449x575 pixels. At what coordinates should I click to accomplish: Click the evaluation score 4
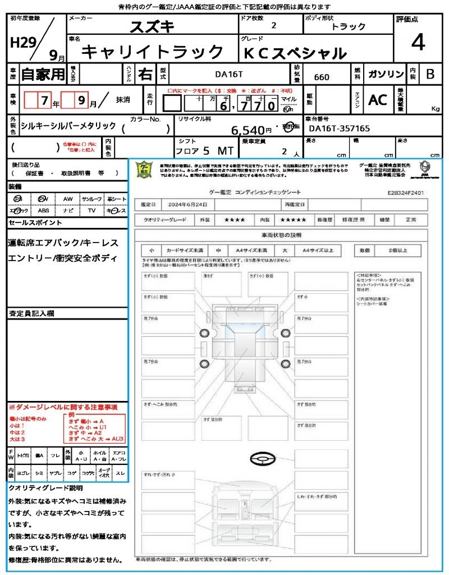tap(417, 43)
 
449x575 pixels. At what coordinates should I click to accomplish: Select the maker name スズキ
tap(152, 26)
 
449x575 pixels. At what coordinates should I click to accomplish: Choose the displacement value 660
tap(322, 77)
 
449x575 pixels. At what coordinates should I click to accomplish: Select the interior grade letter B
tap(430, 74)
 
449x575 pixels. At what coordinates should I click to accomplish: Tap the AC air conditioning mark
tap(378, 99)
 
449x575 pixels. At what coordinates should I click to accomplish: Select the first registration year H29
tap(22, 43)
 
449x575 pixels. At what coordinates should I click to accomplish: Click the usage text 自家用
tap(43, 74)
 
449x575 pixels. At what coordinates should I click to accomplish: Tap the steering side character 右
tap(145, 74)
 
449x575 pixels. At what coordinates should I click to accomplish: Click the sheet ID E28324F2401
tap(406, 192)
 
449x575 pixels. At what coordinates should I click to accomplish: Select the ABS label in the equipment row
tap(43, 211)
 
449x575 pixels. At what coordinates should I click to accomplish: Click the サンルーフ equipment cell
tap(91, 199)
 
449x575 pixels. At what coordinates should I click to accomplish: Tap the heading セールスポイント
tap(35, 222)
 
